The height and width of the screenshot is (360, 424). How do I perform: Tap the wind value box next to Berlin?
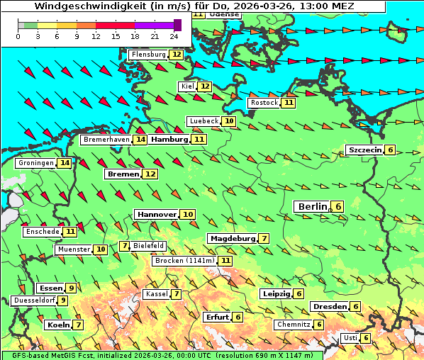[x=338, y=207]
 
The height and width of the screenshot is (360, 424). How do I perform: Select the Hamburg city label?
[x=170, y=140]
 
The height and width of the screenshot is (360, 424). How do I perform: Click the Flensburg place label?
[x=148, y=55]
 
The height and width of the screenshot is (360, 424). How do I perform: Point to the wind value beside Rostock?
[x=288, y=103]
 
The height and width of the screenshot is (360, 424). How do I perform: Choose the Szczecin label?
[x=364, y=150]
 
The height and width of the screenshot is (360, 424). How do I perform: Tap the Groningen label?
[x=36, y=163]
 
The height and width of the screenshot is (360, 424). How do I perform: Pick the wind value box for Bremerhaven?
[x=140, y=140]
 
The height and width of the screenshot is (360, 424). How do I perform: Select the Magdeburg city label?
[x=232, y=238]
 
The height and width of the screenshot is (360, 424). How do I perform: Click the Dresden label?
[x=329, y=306]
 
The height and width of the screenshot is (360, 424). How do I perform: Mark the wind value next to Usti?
[x=366, y=338]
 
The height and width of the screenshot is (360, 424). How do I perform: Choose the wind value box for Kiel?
[x=205, y=86]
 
